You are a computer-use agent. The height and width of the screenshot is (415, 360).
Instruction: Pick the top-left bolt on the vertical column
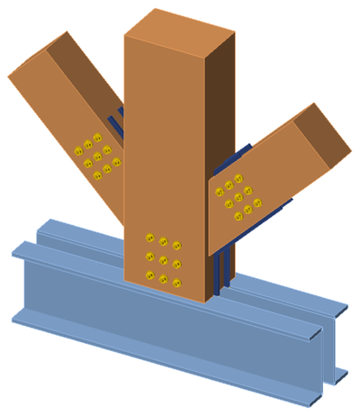pyautogui.click(x=149, y=238)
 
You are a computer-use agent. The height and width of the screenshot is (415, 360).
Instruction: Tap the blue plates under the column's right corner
pyautogui.click(x=225, y=275)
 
